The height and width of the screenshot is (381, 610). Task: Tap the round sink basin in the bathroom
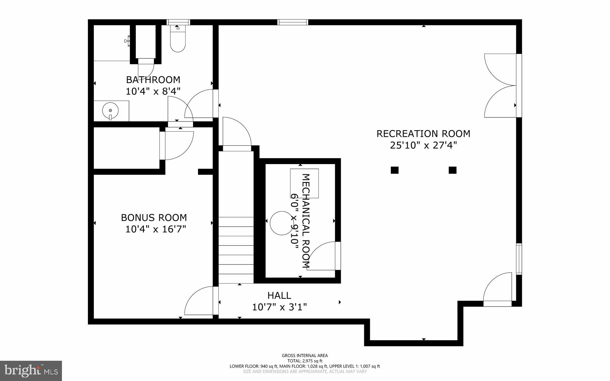[110, 111]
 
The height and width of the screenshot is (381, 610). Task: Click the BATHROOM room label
[153, 80]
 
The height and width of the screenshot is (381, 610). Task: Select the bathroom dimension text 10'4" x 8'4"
[153, 91]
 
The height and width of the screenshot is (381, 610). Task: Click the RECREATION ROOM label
[423, 134]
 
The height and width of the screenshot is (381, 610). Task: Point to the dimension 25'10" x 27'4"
[423, 145]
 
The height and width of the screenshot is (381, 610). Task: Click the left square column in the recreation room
[394, 170]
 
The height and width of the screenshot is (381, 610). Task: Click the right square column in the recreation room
[452, 170]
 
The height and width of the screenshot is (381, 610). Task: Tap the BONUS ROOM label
[154, 217]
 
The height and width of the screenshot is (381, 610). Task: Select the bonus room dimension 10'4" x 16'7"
[155, 229]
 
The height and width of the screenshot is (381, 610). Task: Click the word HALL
[279, 296]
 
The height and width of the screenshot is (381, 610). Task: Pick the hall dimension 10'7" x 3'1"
[279, 307]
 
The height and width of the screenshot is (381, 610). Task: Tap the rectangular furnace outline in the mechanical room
[304, 183]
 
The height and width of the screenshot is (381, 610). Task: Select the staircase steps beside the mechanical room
[236, 250]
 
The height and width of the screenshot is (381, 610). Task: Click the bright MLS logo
[31, 371]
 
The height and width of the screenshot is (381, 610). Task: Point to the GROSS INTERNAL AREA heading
[305, 355]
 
